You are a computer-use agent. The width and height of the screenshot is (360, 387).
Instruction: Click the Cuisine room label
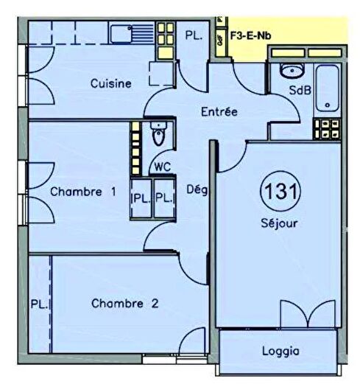point(111,83)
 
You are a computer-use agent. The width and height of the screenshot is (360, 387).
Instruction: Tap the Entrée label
point(219,112)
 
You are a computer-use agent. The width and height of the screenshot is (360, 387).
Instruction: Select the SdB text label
point(299,90)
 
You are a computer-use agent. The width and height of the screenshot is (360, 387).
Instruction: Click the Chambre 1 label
point(83,192)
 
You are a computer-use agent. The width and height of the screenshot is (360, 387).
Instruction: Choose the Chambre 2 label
point(125,303)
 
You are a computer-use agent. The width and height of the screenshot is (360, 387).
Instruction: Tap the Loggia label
point(281,351)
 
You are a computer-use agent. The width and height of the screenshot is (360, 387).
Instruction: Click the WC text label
point(162,166)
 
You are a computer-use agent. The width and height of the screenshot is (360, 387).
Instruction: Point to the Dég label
point(198,190)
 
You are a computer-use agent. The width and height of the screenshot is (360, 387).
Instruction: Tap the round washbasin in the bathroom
point(290,71)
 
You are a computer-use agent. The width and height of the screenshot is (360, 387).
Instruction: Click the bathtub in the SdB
point(328,88)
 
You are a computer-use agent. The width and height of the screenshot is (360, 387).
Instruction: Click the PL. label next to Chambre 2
point(40,303)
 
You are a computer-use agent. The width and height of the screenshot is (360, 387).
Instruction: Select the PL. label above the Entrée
point(194,34)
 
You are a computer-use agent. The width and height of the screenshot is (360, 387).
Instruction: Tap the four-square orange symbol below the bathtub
point(325,129)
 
